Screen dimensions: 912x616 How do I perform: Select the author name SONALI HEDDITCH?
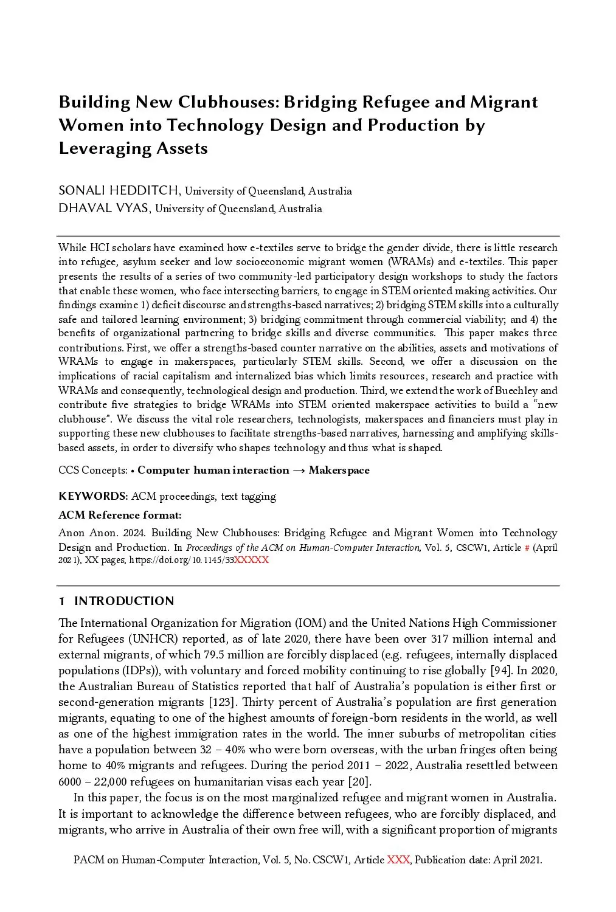119,191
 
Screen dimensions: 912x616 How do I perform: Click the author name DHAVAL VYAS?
104,209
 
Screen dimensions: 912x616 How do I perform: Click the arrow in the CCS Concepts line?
299,470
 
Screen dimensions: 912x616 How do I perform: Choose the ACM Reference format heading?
120,515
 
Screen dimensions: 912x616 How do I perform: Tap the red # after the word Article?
527,547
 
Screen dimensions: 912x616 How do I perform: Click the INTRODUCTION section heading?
124,601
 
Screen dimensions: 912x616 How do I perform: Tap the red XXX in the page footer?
398,860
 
